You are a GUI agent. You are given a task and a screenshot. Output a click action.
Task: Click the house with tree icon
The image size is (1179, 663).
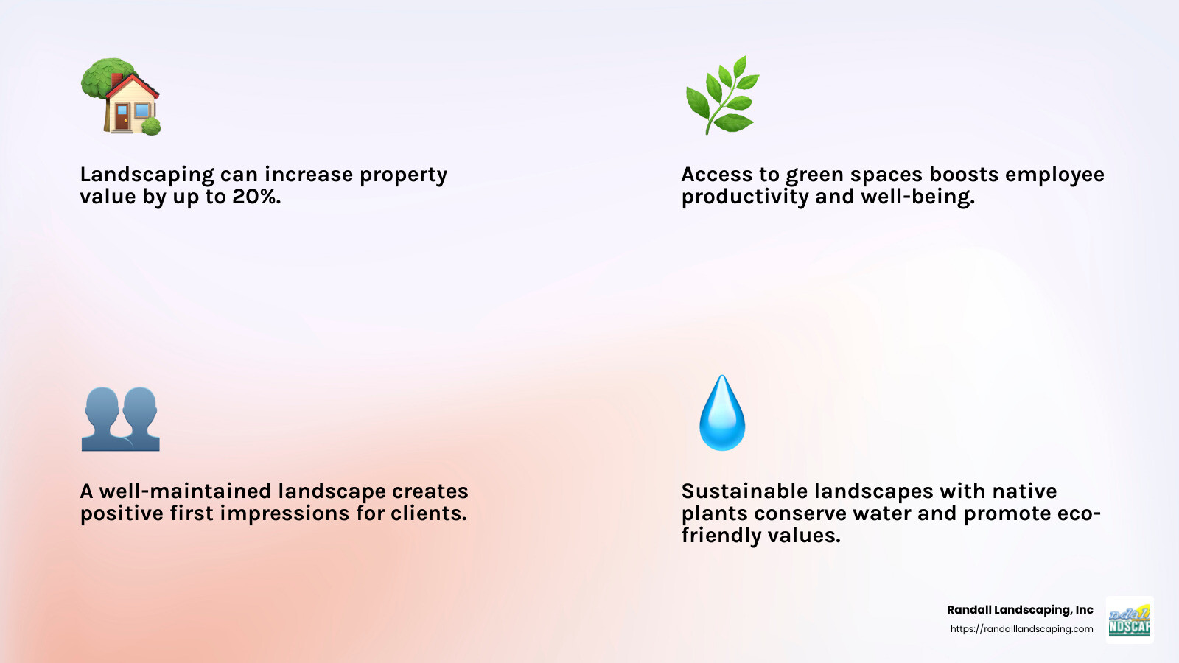(121, 97)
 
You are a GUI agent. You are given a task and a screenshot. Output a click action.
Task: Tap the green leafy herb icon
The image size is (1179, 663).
(721, 95)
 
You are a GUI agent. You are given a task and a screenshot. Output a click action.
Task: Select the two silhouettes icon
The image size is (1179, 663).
(121, 418)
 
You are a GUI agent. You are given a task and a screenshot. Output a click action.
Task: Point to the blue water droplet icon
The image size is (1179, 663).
(722, 413)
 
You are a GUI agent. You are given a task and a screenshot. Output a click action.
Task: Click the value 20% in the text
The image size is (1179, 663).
(256, 197)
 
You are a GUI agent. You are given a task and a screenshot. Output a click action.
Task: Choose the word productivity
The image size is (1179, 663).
(745, 197)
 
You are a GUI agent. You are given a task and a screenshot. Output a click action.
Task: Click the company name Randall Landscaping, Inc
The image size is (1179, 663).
(1020, 610)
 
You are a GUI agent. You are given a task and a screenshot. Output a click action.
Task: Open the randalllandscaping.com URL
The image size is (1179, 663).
(1021, 629)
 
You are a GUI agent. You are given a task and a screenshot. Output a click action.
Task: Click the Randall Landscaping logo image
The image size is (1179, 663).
(1130, 620)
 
